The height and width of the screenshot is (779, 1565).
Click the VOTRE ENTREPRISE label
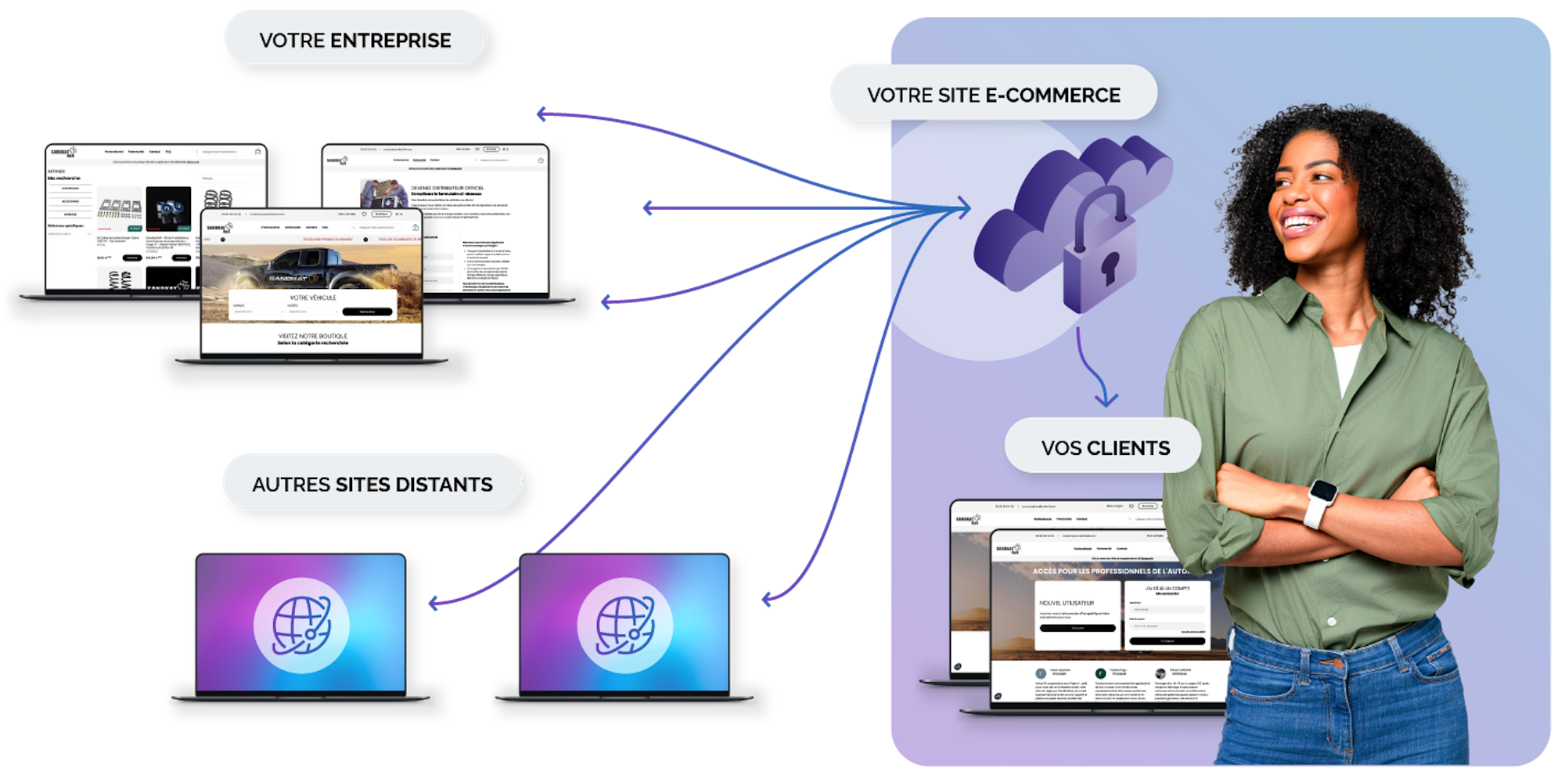pos(354,39)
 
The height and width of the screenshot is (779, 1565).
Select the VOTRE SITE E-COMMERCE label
pos(993,95)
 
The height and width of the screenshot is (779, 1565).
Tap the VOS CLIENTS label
pos(1104,448)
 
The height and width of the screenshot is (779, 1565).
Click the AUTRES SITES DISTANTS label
pos(372,484)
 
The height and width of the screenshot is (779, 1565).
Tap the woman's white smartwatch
pos(1320,502)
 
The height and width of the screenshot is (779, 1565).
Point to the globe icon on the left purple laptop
pos(301,625)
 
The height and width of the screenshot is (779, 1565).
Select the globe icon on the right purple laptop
pos(625,625)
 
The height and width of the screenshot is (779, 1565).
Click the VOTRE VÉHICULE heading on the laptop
pos(312,298)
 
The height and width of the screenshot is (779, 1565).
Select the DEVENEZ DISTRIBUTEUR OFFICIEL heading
pos(447,188)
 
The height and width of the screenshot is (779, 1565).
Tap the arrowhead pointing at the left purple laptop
pos(434,603)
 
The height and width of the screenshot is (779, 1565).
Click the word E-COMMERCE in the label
pos(1052,95)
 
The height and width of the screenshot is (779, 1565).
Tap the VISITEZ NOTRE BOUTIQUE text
pos(312,336)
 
